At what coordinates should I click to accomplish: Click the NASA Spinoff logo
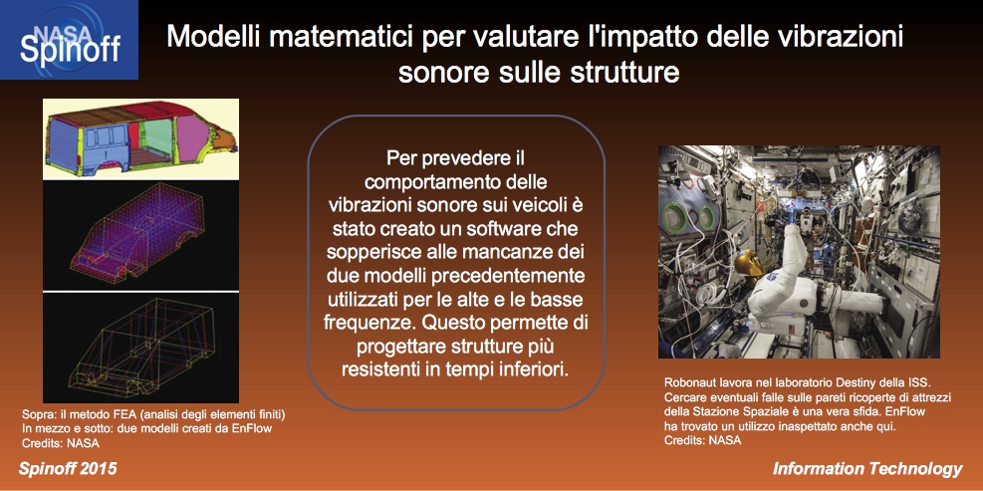point(69,40)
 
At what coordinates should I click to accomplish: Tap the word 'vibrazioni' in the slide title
point(840,37)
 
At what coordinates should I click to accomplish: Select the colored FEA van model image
point(140,139)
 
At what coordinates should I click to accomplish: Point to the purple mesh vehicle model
point(140,236)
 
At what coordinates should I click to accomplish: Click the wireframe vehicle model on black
point(140,348)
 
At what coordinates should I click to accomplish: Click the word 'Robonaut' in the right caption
point(688,382)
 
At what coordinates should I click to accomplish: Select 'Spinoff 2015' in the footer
point(68,469)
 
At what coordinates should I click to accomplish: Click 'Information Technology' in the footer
point(867,469)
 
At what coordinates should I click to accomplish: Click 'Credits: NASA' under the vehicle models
point(61,443)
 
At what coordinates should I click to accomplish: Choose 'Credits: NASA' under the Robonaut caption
point(703,440)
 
